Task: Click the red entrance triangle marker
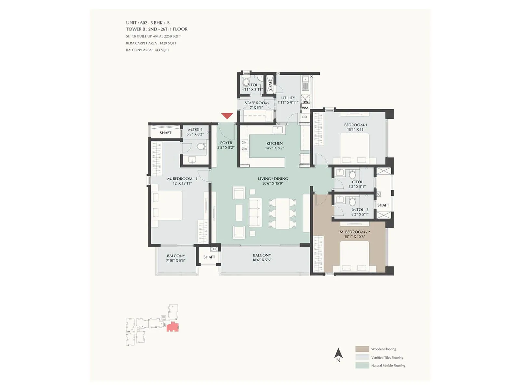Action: coord(227,115)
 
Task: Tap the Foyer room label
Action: coord(226,143)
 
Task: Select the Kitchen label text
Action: coord(275,143)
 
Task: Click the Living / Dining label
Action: coord(273,179)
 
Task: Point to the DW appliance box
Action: coord(305,102)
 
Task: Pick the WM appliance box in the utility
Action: coord(305,108)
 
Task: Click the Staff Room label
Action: coord(256,103)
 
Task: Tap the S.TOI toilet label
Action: coord(252,85)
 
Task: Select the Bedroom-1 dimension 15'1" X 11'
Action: coord(356,129)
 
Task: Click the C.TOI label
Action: coord(357,182)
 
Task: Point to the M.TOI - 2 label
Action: coord(360,210)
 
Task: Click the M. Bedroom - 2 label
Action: coord(355,232)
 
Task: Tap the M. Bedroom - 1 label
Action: coord(182,179)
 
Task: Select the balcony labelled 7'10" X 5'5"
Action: coord(176,260)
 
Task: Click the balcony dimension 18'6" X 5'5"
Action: coord(262,260)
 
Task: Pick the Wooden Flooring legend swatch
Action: coord(362,349)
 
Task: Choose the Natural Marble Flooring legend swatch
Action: coord(362,365)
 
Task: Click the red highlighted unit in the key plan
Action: coord(172,327)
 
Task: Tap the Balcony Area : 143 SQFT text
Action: coord(148,50)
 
